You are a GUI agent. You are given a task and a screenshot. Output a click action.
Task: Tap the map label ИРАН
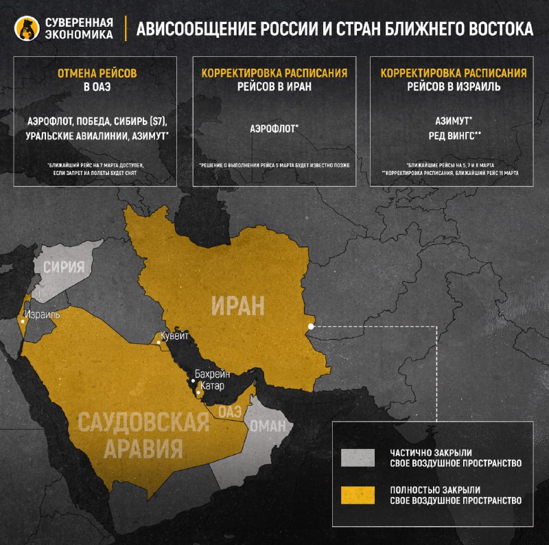(x=238, y=305)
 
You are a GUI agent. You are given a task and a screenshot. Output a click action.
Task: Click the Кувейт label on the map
(x=173, y=338)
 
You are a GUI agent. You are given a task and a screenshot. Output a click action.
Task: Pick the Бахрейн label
(x=212, y=375)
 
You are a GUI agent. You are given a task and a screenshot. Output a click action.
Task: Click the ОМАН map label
(x=267, y=426)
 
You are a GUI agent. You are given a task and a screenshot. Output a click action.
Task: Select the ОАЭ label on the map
(x=229, y=410)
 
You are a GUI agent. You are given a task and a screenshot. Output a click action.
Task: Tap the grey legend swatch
(x=358, y=458)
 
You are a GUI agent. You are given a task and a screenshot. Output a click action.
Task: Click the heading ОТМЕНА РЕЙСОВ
(x=96, y=73)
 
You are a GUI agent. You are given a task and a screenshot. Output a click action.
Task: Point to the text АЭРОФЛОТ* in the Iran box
(x=274, y=128)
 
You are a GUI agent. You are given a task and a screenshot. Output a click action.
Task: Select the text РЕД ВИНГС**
(x=453, y=135)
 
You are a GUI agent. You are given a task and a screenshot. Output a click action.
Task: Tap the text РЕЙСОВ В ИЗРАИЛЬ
(x=454, y=87)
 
